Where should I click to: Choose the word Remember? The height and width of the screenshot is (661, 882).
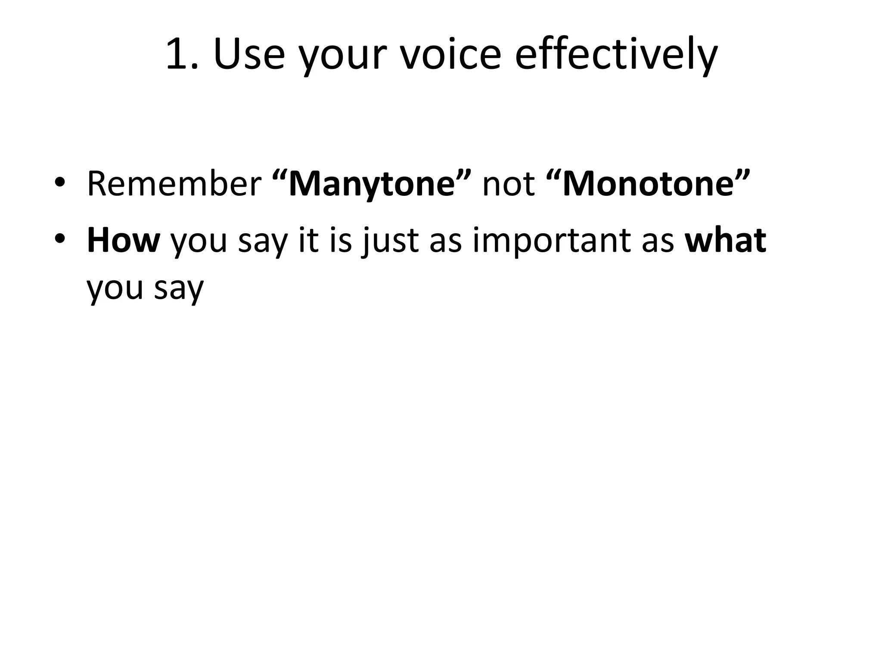click(174, 184)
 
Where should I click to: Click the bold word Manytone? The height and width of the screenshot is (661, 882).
click(372, 184)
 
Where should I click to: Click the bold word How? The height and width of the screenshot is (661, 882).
click(123, 240)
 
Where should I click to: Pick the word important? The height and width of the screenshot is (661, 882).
click(553, 241)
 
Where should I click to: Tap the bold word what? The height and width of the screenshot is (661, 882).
click(726, 240)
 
